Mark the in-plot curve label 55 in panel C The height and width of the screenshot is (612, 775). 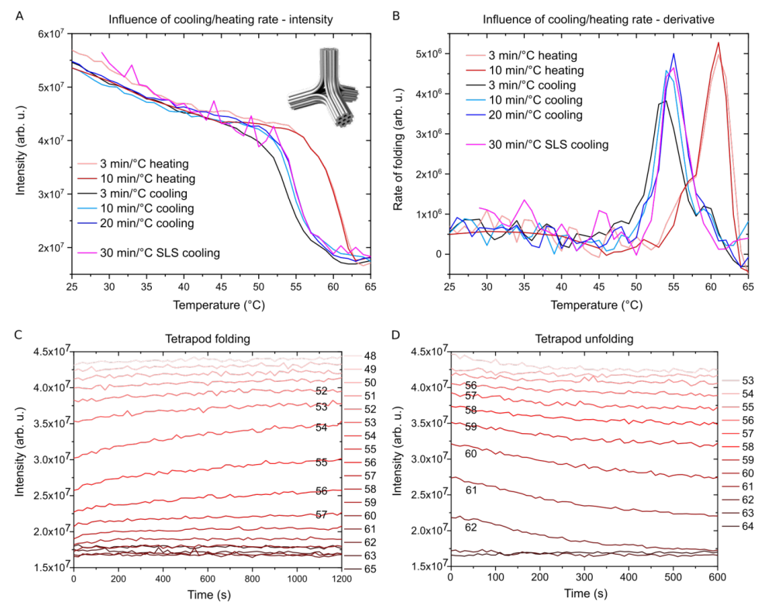tap(322, 462)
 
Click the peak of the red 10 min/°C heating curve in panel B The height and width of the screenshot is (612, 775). tap(718, 43)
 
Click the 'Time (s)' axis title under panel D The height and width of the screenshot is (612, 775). tap(584, 595)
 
